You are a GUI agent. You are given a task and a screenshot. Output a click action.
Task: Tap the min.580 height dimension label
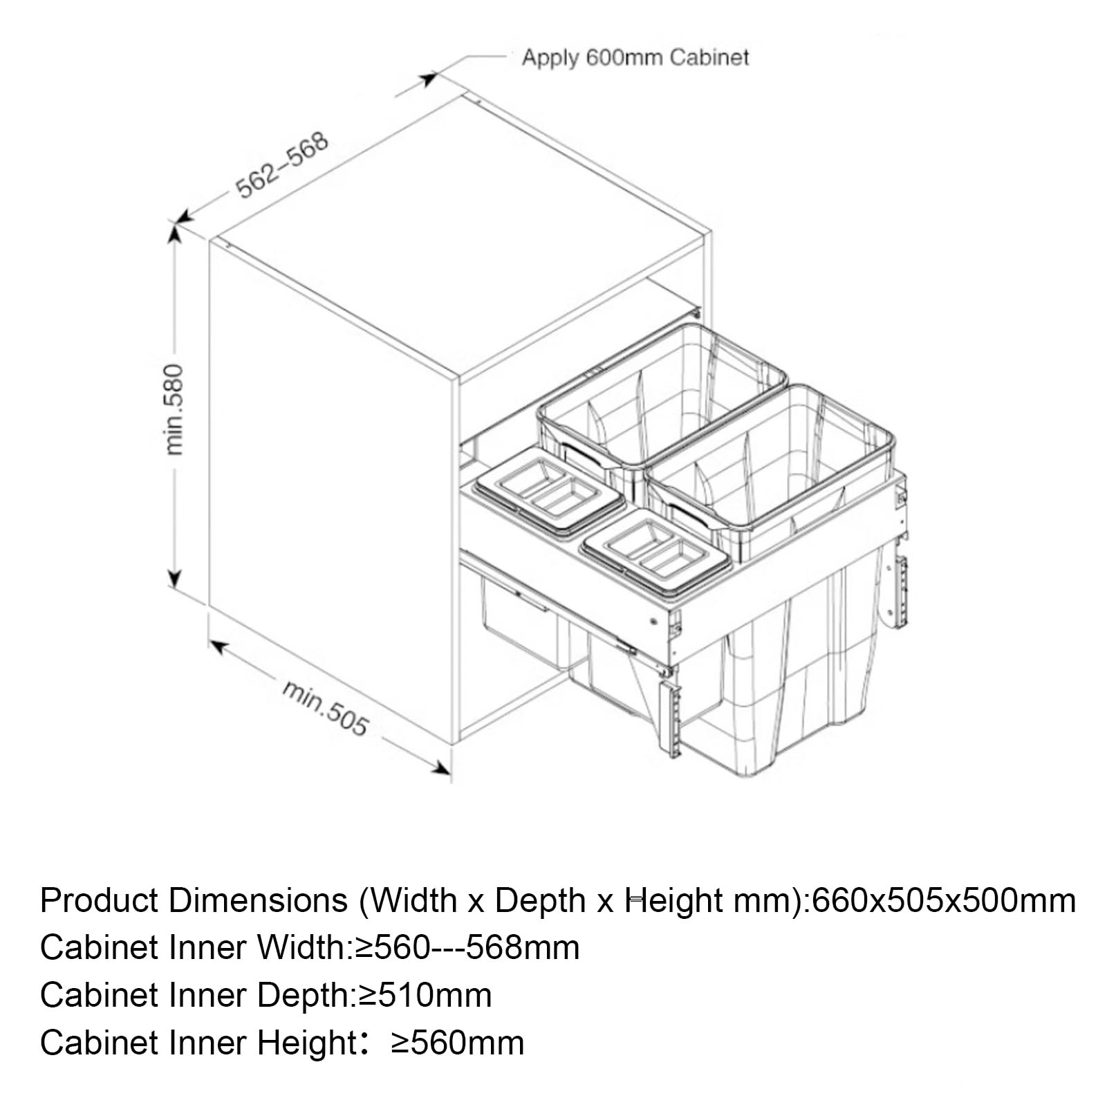click(175, 409)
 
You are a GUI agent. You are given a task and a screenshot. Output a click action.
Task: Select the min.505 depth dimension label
click(324, 707)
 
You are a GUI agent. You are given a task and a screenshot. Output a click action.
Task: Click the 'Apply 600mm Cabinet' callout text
click(635, 57)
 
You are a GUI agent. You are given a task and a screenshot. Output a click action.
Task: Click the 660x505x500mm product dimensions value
click(944, 901)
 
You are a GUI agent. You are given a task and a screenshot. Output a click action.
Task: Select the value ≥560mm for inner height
click(457, 1043)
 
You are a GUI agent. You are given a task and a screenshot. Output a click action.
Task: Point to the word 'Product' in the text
click(100, 901)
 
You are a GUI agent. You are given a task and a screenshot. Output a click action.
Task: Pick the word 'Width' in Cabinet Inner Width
click(301, 947)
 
